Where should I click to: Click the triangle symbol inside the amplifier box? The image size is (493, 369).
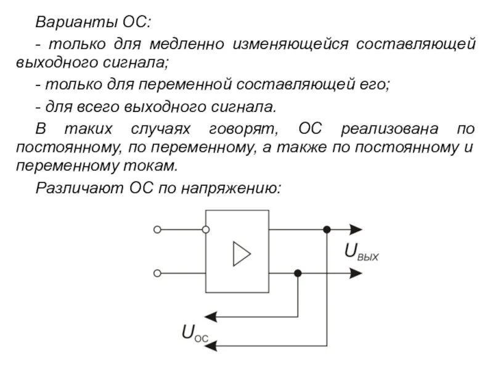pyautogui.click(x=241, y=254)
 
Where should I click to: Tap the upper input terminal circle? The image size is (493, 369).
pyautogui.click(x=157, y=230)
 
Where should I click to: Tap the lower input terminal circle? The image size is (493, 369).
pyautogui.click(x=157, y=272)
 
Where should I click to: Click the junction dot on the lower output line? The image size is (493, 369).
pyautogui.click(x=298, y=272)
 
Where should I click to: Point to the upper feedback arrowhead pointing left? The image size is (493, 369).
pyautogui.click(x=211, y=317)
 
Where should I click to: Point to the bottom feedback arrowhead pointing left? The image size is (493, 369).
pyautogui.click(x=211, y=346)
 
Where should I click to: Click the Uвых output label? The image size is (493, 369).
pyautogui.click(x=361, y=252)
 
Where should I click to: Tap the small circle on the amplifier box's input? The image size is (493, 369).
pyautogui.click(x=205, y=230)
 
